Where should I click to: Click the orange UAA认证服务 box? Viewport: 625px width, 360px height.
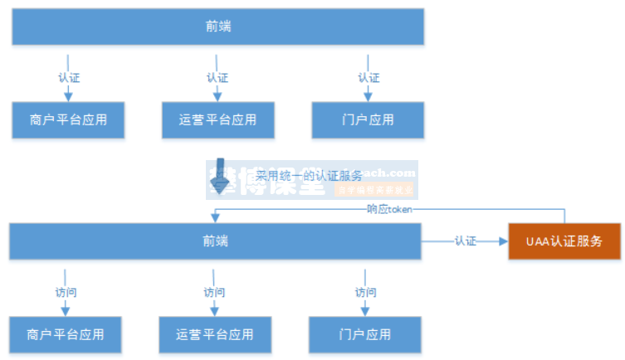[564, 241]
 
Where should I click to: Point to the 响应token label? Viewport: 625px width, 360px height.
[389, 209]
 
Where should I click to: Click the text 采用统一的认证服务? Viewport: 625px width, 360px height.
[308, 175]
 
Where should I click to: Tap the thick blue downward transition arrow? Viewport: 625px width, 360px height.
[219, 175]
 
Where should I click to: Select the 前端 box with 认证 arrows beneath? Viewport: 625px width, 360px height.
[217, 26]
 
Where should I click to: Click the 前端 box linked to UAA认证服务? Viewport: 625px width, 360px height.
[215, 241]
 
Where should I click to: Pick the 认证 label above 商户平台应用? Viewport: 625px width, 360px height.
[69, 78]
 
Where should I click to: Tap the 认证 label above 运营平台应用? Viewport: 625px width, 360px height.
[217, 78]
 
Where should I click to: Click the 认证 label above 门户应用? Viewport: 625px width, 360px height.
[369, 78]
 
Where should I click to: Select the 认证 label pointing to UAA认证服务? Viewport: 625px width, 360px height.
[465, 241]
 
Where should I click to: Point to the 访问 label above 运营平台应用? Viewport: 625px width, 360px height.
[214, 293]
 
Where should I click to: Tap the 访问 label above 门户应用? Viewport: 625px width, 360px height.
[365, 293]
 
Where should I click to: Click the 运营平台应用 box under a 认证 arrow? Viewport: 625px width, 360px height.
[217, 119]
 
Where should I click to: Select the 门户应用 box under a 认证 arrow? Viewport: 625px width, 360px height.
[368, 119]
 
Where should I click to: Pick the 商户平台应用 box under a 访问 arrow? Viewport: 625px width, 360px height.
[66, 335]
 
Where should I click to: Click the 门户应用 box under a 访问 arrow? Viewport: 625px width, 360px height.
[365, 335]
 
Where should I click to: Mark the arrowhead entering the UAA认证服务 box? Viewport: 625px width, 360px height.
[502, 241]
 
